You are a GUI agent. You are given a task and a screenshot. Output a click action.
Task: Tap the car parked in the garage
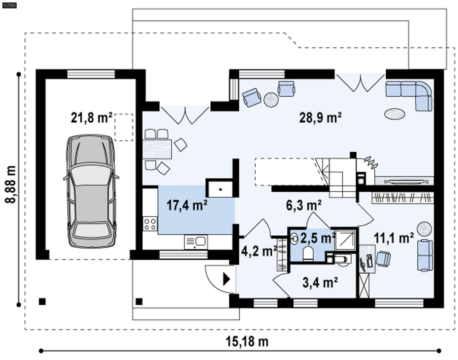91,191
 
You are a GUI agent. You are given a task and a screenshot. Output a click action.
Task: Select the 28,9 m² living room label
320,117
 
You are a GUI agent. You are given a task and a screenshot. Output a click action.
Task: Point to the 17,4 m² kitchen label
187,205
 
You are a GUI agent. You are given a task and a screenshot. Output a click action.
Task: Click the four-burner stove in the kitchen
150,224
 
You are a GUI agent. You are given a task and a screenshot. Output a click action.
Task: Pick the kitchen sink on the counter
196,242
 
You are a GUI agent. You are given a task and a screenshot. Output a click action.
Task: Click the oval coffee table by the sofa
394,114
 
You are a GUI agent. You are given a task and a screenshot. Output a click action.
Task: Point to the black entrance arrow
226,279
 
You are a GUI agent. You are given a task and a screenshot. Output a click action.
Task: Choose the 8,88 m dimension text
11,185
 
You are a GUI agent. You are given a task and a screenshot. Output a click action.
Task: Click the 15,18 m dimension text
247,341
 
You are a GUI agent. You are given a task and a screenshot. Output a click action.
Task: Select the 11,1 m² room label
394,238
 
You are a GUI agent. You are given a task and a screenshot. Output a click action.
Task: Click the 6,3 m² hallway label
303,205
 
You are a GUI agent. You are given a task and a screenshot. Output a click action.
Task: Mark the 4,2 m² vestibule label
259,251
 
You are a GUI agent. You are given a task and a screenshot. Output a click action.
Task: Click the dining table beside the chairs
157,149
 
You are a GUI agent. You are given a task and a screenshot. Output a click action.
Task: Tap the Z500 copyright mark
9,5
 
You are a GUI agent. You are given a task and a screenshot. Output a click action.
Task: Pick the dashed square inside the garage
124,127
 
